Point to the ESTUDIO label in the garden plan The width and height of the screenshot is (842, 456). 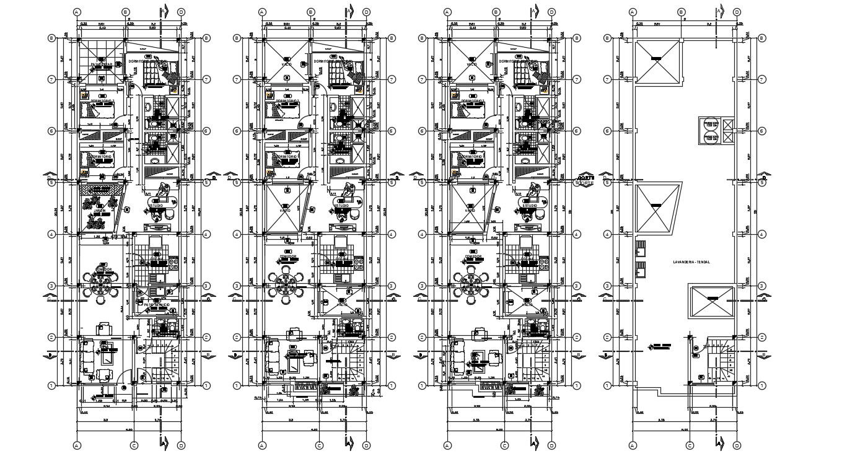click(160, 205)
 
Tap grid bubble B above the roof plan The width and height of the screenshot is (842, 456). click(681, 11)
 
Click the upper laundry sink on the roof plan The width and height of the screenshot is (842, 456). click(641, 248)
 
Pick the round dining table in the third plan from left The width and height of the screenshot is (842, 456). click(472, 285)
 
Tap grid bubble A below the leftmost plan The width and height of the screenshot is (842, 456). click(77, 445)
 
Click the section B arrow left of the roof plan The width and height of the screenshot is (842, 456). click(603, 356)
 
